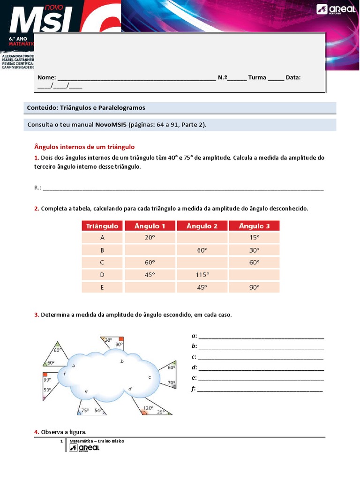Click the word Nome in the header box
click(x=46, y=77)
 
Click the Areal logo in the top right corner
click(x=334, y=10)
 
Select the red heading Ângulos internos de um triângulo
click(x=84, y=147)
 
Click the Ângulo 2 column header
click(x=202, y=226)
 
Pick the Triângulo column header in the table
click(x=102, y=226)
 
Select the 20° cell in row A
click(x=150, y=238)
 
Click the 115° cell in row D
click(x=202, y=275)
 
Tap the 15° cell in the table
click(x=254, y=238)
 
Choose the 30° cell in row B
click(x=254, y=250)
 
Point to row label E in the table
click(x=102, y=287)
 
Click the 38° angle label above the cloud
click(x=108, y=340)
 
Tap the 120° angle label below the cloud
click(x=148, y=408)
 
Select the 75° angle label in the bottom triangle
click(x=85, y=410)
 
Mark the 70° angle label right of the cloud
click(x=171, y=382)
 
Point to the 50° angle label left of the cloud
click(x=47, y=390)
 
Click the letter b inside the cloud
click(x=122, y=361)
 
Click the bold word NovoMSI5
click(x=111, y=125)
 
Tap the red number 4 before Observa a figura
click(x=36, y=432)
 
